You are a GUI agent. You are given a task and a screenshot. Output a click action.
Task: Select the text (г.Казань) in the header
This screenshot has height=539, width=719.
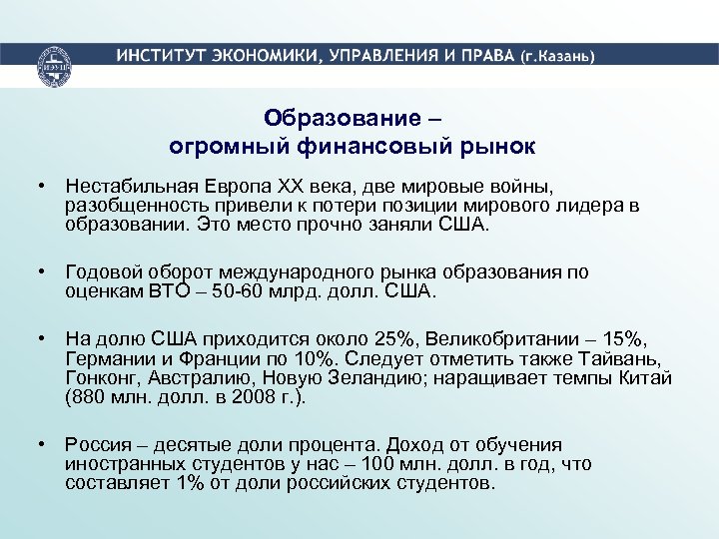click(558, 56)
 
